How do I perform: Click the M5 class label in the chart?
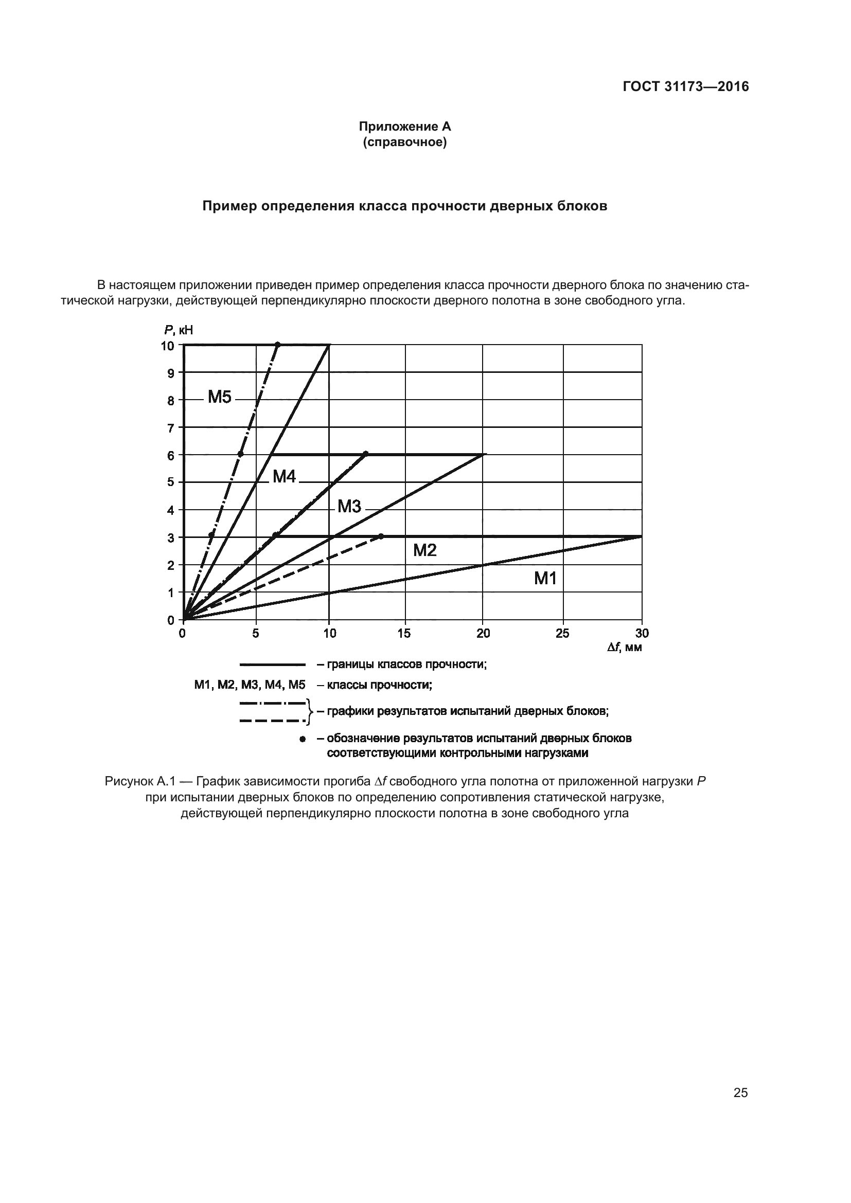(219, 397)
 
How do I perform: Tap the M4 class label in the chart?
(284, 476)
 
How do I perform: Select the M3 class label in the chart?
(349, 506)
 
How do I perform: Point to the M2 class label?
(424, 550)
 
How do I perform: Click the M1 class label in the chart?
(545, 579)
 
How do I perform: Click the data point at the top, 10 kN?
(278, 344)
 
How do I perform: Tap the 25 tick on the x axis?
(562, 634)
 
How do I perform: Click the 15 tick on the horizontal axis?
(404, 634)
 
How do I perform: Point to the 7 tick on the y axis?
(171, 428)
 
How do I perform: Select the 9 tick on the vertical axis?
(171, 373)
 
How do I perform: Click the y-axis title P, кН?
(179, 330)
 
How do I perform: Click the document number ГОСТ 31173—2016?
(685, 87)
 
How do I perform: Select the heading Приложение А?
(404, 127)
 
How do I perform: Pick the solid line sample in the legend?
(273, 665)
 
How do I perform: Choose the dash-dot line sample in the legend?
(273, 703)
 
